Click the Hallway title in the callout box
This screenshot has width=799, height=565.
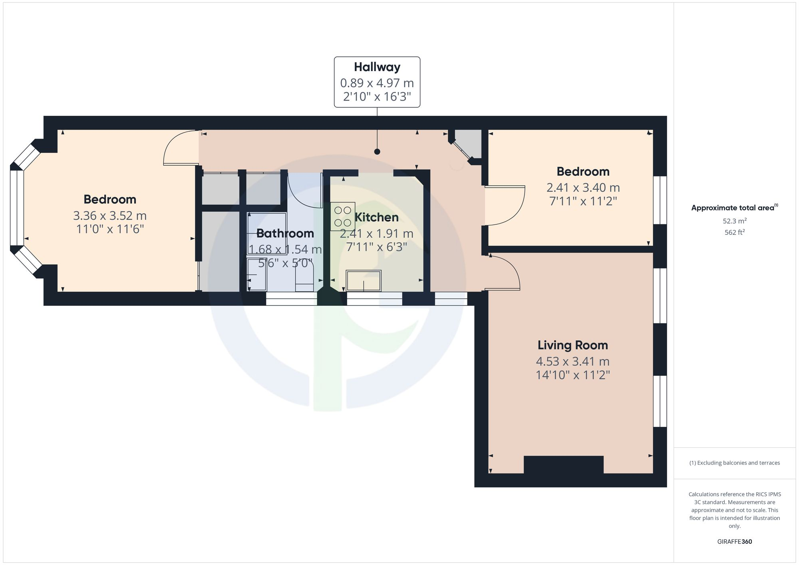[x=377, y=67]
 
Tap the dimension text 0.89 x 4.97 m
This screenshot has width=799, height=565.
[x=377, y=83]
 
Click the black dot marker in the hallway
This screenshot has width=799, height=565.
[x=377, y=152]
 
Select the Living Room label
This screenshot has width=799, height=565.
[x=572, y=345]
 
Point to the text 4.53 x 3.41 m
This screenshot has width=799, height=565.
[x=572, y=361]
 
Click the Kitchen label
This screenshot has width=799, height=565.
[x=376, y=217]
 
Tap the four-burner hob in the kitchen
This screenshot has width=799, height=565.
[x=342, y=216]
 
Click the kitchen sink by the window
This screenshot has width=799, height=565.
[x=364, y=280]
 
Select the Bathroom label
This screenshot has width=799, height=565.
[x=285, y=233]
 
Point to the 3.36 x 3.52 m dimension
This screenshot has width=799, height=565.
[x=110, y=216]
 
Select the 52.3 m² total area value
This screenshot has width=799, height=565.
[x=734, y=221]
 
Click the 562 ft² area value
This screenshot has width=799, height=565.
[x=734, y=232]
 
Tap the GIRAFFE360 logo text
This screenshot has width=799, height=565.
[x=734, y=542]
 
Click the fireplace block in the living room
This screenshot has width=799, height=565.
[x=563, y=464]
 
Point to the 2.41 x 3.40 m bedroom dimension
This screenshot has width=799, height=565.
[x=583, y=188]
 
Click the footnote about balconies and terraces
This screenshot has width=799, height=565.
[x=734, y=463]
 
